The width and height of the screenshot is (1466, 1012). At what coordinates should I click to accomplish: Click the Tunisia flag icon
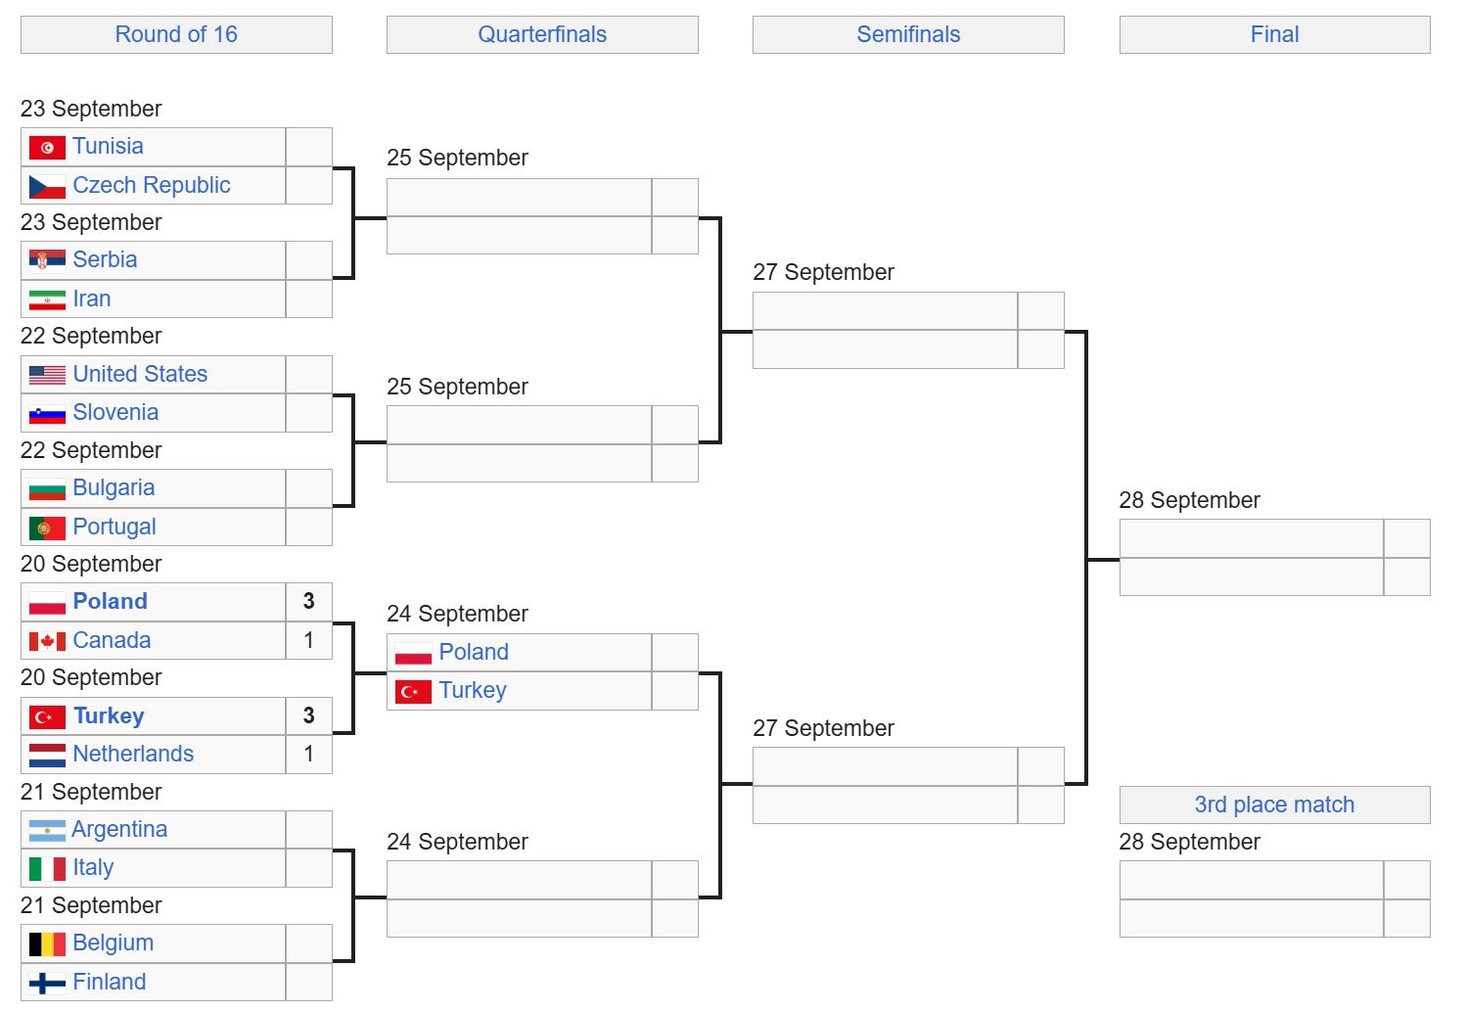(x=47, y=147)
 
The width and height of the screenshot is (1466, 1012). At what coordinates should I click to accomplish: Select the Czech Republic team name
(x=151, y=185)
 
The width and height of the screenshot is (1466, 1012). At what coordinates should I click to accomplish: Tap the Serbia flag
(x=47, y=260)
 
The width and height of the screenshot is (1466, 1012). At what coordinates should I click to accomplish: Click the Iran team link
(x=92, y=299)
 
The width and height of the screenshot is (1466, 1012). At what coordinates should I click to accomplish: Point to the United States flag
(x=47, y=375)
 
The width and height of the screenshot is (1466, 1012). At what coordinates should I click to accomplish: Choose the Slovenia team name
(x=115, y=412)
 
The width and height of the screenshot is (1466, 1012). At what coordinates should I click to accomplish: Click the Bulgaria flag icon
(x=47, y=488)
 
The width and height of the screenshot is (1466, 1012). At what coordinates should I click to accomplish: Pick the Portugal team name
(x=115, y=527)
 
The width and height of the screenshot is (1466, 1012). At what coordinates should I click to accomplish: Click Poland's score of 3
(x=309, y=601)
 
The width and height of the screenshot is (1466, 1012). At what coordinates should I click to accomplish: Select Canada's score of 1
(x=309, y=639)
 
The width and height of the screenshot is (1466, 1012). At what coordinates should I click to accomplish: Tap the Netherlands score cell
(x=309, y=754)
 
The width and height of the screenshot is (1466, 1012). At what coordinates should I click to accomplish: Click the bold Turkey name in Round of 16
(x=109, y=715)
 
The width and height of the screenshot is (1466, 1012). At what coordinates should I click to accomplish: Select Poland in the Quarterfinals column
(x=474, y=652)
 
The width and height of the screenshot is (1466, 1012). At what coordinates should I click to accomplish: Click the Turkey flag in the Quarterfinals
(x=413, y=691)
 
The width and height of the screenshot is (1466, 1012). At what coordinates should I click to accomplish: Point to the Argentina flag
(x=47, y=830)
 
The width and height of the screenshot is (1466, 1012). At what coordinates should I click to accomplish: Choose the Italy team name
(x=93, y=867)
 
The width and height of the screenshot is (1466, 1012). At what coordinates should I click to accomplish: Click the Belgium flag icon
(x=47, y=943)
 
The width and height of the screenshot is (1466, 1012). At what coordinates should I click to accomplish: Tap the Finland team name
(x=110, y=982)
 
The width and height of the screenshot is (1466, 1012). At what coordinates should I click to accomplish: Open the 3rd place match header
(x=1274, y=805)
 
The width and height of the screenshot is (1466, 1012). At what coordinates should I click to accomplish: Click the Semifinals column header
(x=908, y=34)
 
